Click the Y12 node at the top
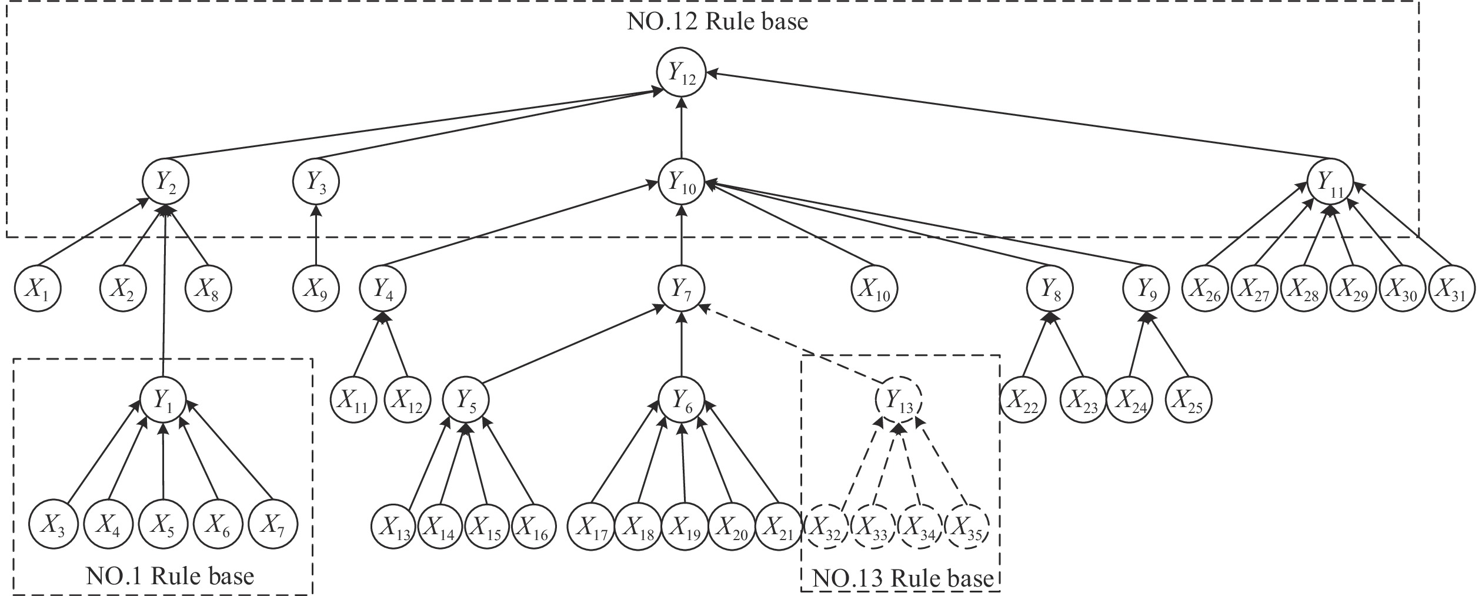[x=681, y=74]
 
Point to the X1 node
[x=38, y=289]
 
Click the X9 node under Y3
[x=316, y=289]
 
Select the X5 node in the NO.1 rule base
[x=163, y=524]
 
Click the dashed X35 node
[x=967, y=524]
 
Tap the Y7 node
[x=681, y=289]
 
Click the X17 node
[x=591, y=524]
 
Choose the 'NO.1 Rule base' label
[x=170, y=575]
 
